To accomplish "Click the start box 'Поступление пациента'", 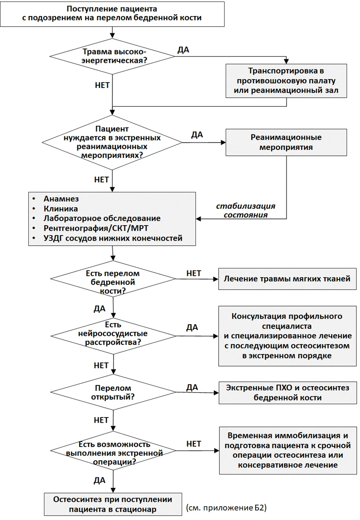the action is pyautogui.click(x=112, y=14).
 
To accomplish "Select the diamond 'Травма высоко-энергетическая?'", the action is pyautogui.click(x=112, y=56).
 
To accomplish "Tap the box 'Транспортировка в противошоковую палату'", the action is pyautogui.click(x=286, y=81).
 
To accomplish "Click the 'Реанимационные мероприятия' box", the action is pyautogui.click(x=286, y=142).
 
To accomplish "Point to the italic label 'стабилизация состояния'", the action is pyautogui.click(x=246, y=210).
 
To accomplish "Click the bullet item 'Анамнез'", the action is pyautogui.click(x=61, y=199).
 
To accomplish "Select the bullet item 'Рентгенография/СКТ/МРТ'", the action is pyautogui.click(x=96, y=228).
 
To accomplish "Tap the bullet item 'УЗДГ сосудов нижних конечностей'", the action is pyautogui.click(x=113, y=238).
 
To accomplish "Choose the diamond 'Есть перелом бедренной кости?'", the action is pyautogui.click(x=113, y=279).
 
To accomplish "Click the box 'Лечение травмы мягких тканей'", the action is pyautogui.click(x=287, y=279).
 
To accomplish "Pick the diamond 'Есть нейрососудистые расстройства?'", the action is pyautogui.click(x=113, y=336).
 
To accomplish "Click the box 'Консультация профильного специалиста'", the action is pyautogui.click(x=287, y=336).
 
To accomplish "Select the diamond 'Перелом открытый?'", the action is pyautogui.click(x=113, y=392).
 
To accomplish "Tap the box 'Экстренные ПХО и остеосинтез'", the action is pyautogui.click(x=288, y=393).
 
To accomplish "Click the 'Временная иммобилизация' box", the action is pyautogui.click(x=288, y=451).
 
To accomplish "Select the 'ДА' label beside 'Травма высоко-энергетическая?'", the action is pyautogui.click(x=183, y=50).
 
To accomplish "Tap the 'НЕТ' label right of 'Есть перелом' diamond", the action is pyautogui.click(x=194, y=273).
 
